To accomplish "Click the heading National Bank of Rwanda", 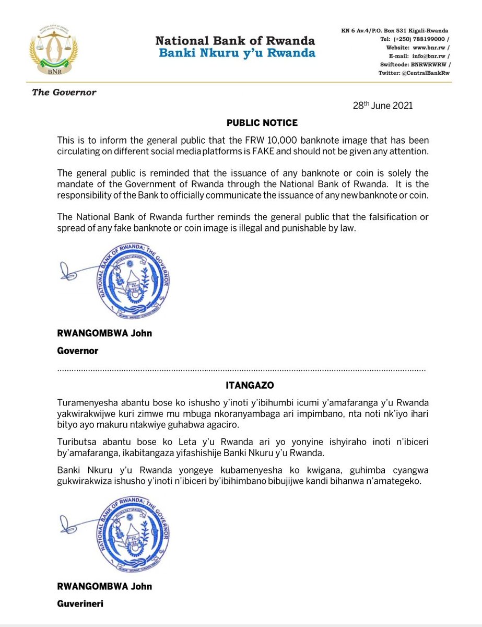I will click(x=235, y=40).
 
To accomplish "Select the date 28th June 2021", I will click(x=383, y=106).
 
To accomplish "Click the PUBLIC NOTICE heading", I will click(x=262, y=123).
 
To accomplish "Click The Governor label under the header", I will click(x=64, y=92).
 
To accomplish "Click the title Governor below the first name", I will click(x=77, y=351).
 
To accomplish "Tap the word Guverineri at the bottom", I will click(x=80, y=604).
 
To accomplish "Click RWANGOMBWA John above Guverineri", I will click(x=104, y=586).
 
